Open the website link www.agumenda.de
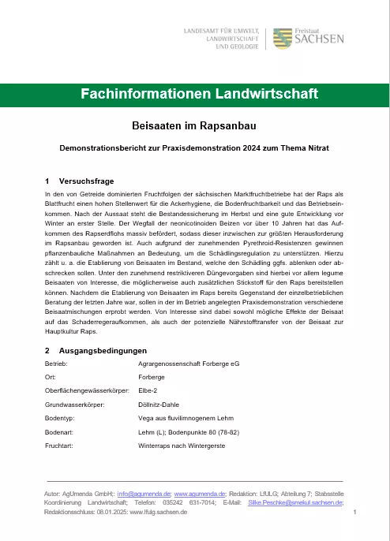200,492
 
